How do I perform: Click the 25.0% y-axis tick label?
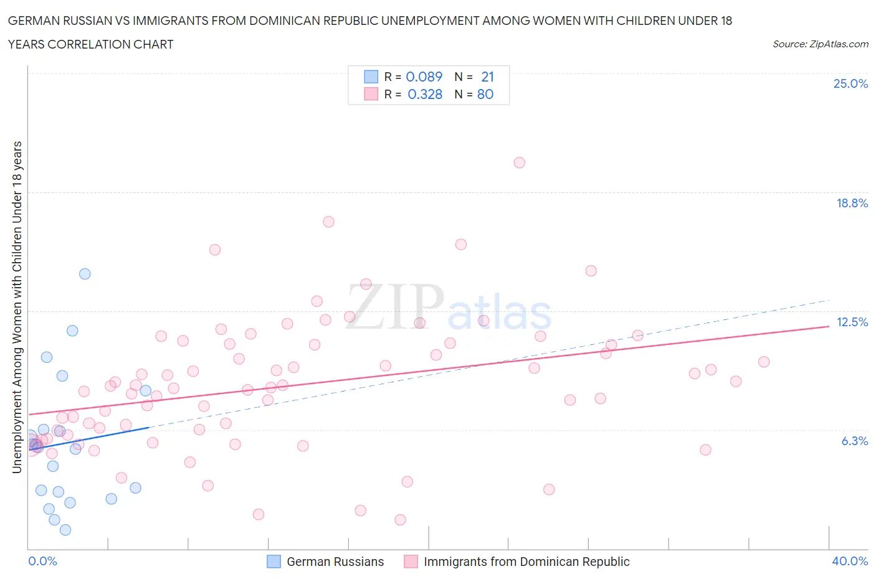850,83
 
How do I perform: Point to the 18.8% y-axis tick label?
852,203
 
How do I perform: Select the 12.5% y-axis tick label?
852,322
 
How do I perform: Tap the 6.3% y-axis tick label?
854,441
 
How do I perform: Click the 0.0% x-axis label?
42,561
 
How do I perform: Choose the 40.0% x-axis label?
850,561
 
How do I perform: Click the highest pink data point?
519,162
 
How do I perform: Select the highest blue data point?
85,274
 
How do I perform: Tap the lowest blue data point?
65,530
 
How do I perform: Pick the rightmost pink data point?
764,362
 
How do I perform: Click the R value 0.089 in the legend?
424,77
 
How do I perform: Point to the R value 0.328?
425,94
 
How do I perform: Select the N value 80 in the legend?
485,94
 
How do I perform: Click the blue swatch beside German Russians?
274,562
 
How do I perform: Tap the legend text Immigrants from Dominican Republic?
526,562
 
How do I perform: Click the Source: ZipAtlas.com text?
820,44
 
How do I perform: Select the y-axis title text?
17,306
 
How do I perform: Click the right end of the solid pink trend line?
829,326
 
